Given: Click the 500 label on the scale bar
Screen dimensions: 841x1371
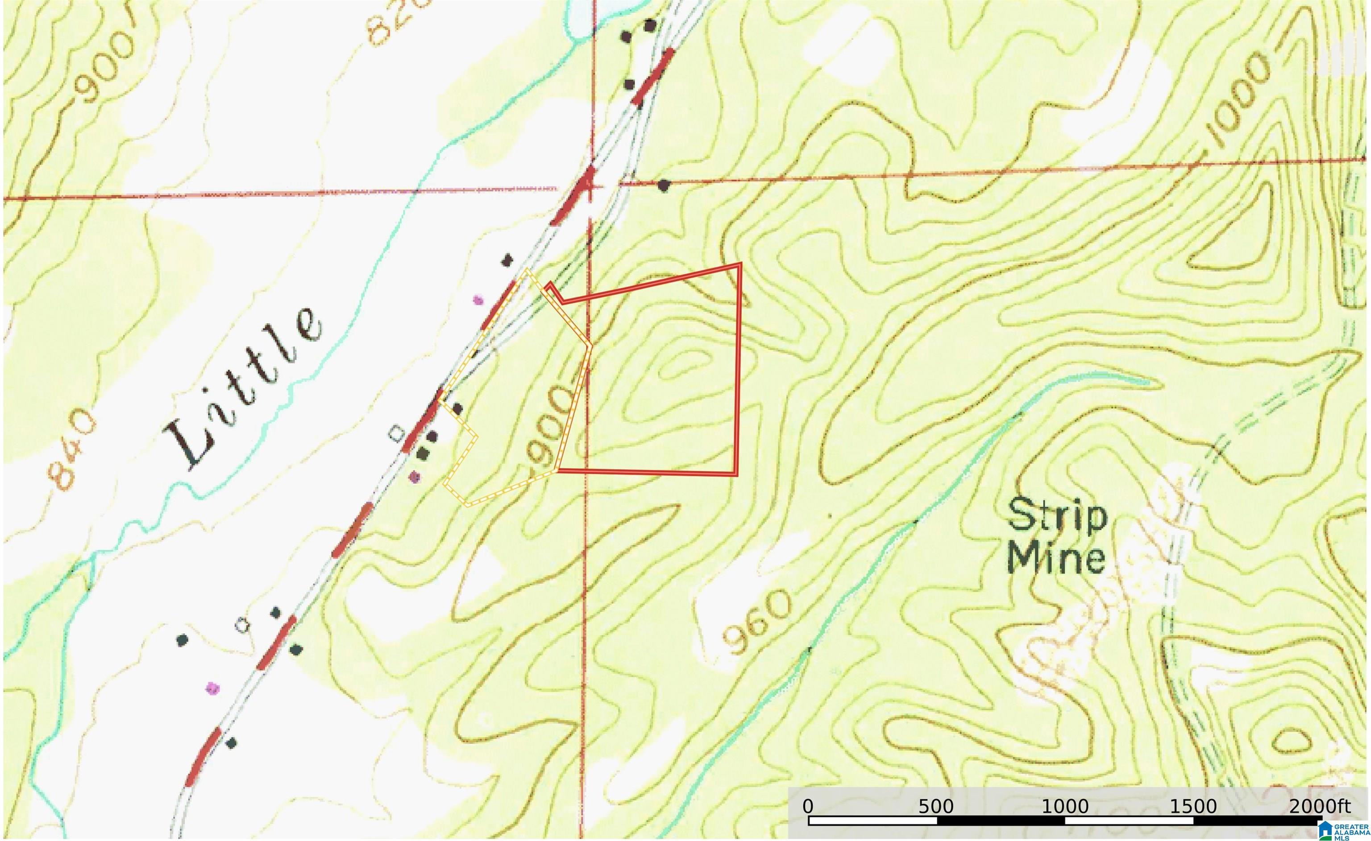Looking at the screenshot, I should tap(936, 806).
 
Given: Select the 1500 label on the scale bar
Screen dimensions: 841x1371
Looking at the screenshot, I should tap(1193, 806).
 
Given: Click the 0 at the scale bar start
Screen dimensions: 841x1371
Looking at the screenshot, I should tap(808, 806).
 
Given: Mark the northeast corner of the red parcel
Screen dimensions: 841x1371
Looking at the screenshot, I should tap(740, 264).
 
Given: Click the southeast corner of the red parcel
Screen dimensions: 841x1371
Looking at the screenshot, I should tap(736, 474).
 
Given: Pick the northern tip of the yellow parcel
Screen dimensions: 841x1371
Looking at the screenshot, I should tap(527, 271).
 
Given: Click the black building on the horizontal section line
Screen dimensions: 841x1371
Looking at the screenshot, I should tap(663, 185).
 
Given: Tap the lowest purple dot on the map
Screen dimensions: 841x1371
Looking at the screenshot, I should tap(212, 688).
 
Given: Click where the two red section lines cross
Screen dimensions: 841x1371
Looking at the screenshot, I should tap(592, 187).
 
